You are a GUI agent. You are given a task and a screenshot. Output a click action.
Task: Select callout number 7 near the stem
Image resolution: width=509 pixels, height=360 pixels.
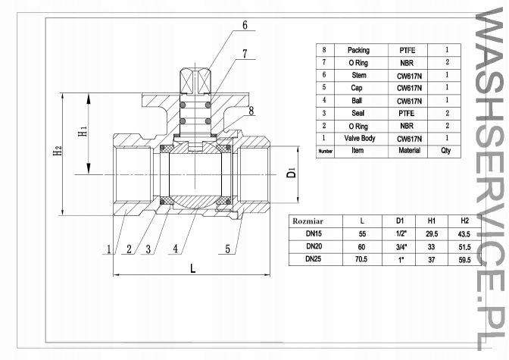click(245, 54)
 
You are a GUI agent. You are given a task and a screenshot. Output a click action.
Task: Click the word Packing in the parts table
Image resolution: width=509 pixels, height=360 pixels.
click(358, 50)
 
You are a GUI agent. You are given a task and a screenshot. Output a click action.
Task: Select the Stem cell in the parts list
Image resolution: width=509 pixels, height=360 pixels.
click(358, 75)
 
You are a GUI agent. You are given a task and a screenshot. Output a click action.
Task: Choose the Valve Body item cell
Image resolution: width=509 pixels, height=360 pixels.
click(358, 139)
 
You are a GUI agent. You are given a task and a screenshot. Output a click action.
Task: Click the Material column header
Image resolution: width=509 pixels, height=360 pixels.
click(409, 151)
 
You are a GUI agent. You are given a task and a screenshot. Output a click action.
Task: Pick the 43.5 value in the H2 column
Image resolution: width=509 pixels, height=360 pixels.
click(465, 233)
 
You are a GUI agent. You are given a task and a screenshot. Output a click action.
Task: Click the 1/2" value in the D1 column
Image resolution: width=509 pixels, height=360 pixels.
click(400, 233)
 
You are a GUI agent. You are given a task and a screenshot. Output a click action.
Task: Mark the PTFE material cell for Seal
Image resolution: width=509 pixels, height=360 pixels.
click(409, 113)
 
